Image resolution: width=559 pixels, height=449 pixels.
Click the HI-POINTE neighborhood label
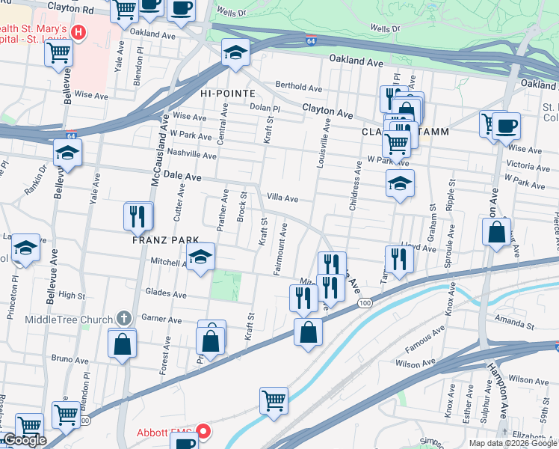(x=227, y=94)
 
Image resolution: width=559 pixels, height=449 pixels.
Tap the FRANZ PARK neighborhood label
(x=165, y=240)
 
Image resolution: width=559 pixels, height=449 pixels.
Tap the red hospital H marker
(x=78, y=33)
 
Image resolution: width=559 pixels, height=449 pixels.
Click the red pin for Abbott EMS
(x=203, y=433)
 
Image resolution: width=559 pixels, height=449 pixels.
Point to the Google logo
(x=25, y=441)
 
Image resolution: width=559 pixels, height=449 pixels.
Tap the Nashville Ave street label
(x=191, y=155)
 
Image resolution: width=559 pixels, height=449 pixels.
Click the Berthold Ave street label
(x=298, y=85)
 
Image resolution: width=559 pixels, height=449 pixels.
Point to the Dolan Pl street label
(x=265, y=108)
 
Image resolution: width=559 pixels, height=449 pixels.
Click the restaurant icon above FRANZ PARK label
(x=138, y=216)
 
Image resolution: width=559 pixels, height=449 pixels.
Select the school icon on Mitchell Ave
(x=200, y=258)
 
